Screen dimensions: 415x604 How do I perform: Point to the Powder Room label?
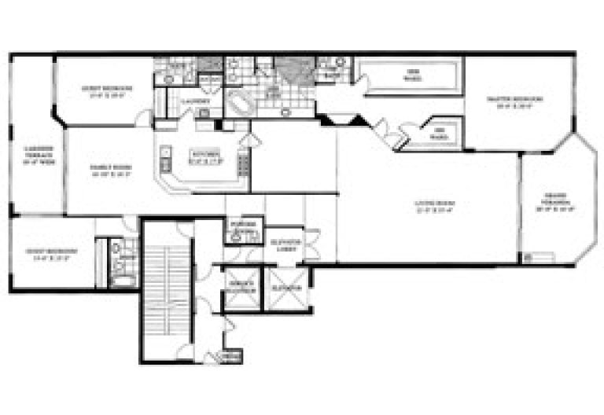pos(241,229)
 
